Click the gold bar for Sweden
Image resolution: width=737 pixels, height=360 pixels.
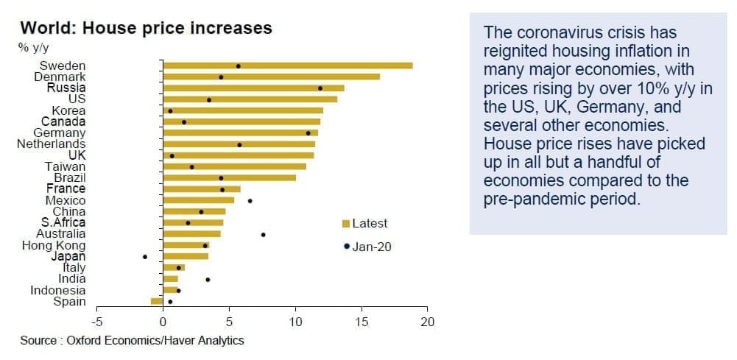coord(288,66)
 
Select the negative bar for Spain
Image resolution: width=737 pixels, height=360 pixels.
coord(157,301)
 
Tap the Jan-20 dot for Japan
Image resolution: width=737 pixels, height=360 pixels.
coord(145,257)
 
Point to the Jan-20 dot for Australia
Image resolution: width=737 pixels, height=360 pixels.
coord(264,235)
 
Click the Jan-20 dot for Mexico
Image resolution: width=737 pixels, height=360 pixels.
coord(250,201)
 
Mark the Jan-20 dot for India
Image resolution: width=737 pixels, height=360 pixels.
coord(208,280)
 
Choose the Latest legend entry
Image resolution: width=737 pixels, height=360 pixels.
coord(365,223)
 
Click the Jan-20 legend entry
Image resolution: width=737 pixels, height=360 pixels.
coord(368,247)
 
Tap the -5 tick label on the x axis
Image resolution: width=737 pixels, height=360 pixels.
coord(96,323)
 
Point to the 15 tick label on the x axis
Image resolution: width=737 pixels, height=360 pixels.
coord(362,323)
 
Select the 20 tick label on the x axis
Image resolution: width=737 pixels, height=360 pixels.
coord(427,323)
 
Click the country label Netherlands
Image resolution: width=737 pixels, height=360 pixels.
coord(52,144)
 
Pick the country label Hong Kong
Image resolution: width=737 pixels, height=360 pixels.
coord(54,245)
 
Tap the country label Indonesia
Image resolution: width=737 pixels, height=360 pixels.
coord(58,291)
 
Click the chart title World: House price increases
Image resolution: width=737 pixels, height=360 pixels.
coord(147,28)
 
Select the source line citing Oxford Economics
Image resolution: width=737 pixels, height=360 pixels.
coord(132,340)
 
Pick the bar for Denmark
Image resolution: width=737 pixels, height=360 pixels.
coord(271,77)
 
